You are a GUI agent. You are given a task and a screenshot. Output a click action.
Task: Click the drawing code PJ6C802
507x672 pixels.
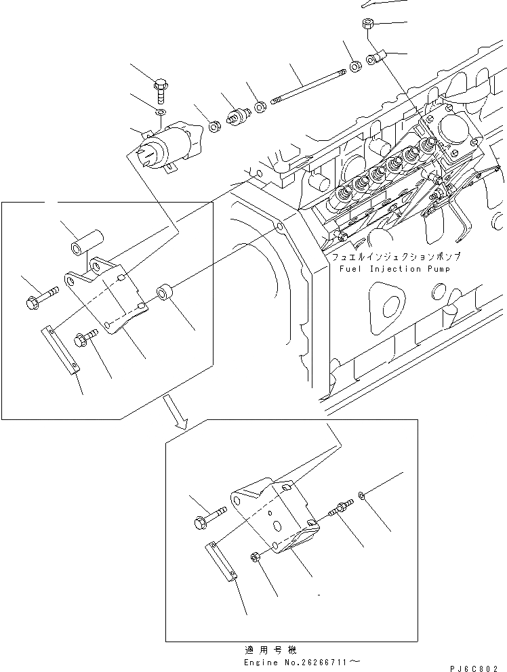[479, 667]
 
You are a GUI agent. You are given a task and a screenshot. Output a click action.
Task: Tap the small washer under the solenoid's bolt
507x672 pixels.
[160, 112]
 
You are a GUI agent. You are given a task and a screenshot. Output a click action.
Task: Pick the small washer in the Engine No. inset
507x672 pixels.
[364, 498]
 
